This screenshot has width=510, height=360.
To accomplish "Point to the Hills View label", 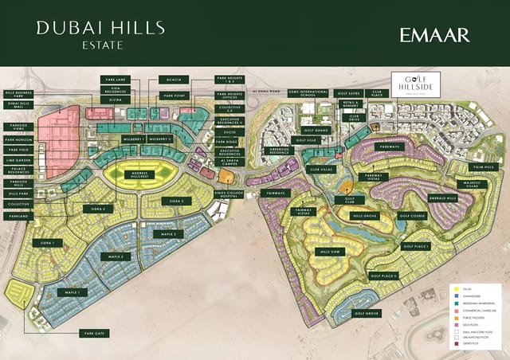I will tap(328, 252).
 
